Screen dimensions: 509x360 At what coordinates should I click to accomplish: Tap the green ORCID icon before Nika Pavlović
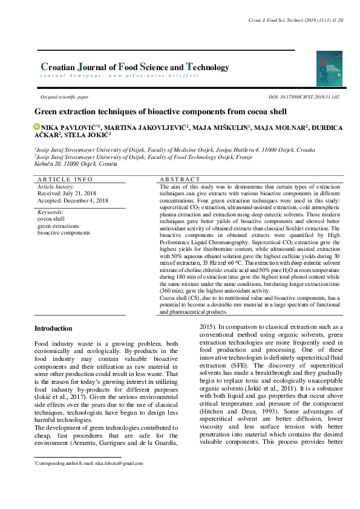[37, 127]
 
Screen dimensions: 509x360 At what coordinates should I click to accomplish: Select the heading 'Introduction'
[53, 328]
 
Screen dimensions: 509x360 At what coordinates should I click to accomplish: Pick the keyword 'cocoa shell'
[52, 219]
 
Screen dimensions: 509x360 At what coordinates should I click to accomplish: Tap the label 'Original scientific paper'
[64, 97]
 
